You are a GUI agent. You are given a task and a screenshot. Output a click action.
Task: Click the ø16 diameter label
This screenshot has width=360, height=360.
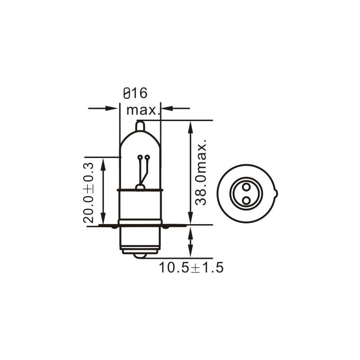pyautogui.click(x=135, y=93)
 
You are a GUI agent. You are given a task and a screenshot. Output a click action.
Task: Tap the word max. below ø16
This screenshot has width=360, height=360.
pyautogui.click(x=143, y=110)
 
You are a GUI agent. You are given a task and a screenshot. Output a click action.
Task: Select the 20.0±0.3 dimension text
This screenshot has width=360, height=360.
pyautogui.click(x=88, y=192)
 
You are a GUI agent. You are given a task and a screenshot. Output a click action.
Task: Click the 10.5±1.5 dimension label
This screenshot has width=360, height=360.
pyautogui.click(x=191, y=268)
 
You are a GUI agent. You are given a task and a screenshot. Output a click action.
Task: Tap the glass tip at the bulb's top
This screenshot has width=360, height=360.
pyautogui.click(x=140, y=126)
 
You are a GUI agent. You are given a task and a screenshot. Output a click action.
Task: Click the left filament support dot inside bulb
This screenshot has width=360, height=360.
pyautogui.click(x=140, y=157)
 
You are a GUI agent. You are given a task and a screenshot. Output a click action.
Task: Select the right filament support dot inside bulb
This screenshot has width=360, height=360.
pyautogui.click(x=147, y=157)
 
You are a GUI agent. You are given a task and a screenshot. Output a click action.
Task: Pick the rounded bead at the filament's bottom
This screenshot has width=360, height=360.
pyautogui.click(x=140, y=187)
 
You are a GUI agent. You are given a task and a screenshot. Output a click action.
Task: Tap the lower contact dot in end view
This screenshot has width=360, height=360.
pyautogui.click(x=246, y=199)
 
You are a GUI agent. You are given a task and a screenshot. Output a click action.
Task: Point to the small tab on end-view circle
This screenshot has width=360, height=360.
pyautogui.click(x=276, y=194)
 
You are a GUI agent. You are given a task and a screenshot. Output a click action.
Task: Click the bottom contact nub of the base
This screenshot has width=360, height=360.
pyautogui.click(x=140, y=255)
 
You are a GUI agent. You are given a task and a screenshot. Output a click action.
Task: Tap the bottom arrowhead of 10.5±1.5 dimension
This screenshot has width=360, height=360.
pyautogui.click(x=191, y=252)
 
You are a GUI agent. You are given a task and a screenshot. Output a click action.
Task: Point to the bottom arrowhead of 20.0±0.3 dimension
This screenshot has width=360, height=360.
pyautogui.click(x=104, y=219)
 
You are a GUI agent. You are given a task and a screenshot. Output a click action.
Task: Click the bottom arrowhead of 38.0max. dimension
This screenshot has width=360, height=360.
pyautogui.click(x=191, y=219)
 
